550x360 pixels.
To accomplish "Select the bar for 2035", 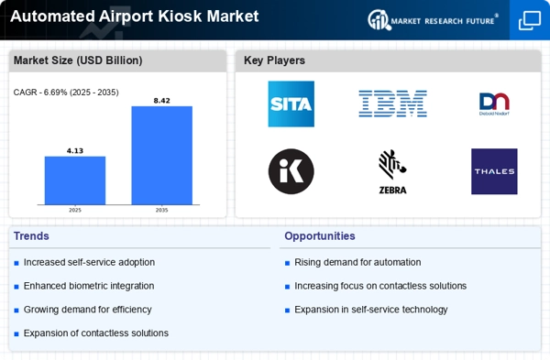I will point(161,155).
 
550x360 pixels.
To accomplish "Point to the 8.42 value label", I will point(161,100).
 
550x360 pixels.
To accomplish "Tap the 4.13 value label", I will point(75,150).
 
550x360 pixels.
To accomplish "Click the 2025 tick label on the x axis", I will point(75,210).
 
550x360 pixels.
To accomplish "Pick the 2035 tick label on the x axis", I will point(161,210).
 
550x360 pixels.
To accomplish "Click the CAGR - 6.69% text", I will point(66,92).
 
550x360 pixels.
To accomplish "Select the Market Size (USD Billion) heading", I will point(78,60).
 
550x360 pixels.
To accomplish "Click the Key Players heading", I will point(274,60).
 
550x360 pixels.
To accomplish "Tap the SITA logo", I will point(291,104).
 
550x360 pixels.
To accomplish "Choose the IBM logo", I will point(392,104).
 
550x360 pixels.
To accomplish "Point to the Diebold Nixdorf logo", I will point(494,104).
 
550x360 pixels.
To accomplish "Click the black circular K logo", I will point(291,171).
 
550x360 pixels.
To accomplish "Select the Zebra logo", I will point(392,172).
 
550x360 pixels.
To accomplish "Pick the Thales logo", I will point(494,171).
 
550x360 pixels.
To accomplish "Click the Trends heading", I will point(33,235).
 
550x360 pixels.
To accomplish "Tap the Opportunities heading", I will point(320,235).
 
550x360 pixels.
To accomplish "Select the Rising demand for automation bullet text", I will point(357,262).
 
